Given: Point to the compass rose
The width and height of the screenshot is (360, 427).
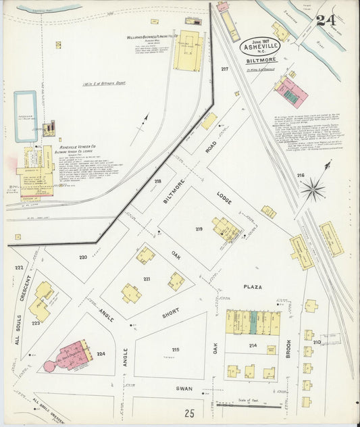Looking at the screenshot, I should tap(313, 189).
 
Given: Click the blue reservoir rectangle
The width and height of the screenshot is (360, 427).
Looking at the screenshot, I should tap(26, 116).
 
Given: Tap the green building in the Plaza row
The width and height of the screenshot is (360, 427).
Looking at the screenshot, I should tap(253, 322).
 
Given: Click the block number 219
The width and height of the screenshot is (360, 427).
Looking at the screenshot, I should tap(199, 230).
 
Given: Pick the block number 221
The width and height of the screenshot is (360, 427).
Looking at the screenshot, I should tap(146, 278).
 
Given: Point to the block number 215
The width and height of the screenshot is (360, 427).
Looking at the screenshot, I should tap(176, 349).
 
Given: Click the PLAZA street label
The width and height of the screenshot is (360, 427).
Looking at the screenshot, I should tap(253, 286).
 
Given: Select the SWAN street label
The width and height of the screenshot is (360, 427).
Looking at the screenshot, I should tap(184, 389).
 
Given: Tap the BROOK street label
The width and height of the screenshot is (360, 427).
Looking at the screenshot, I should tap(288, 347).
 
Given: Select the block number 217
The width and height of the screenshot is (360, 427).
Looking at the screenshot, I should tap(224, 70).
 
